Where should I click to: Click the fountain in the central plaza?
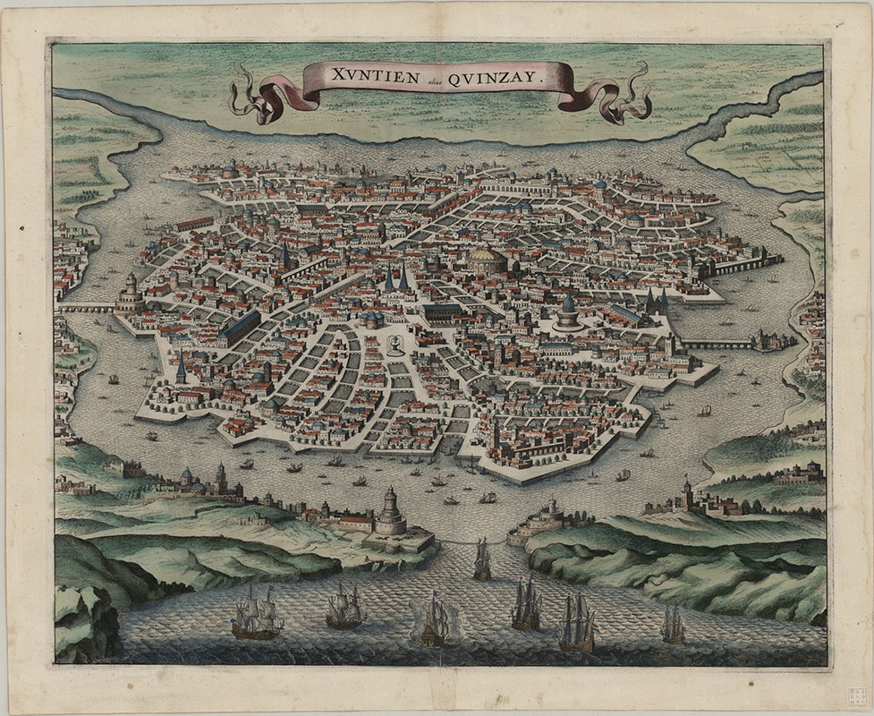(395, 345)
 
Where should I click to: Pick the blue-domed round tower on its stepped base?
(568, 314)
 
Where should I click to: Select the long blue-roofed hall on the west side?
(239, 327)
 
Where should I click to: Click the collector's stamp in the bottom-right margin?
(857, 697)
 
